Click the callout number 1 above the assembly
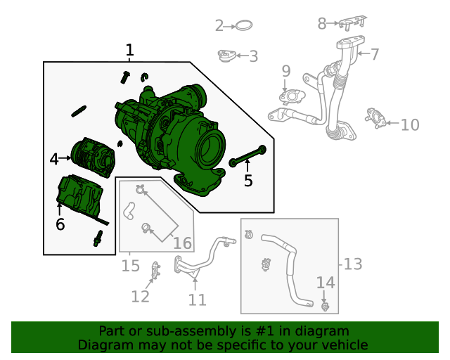tap(129, 50)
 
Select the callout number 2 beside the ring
tap(219, 26)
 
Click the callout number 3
tap(253, 56)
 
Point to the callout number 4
tap(55, 160)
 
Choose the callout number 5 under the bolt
tap(247, 181)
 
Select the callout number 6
tap(60, 224)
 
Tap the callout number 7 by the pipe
tap(375, 53)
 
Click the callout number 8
tap(322, 24)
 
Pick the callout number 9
tap(285, 70)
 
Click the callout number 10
tap(410, 124)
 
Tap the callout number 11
tap(198, 300)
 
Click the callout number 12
tap(141, 296)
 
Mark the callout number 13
tap(353, 264)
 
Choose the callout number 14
tap(326, 282)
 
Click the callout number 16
tap(182, 243)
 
